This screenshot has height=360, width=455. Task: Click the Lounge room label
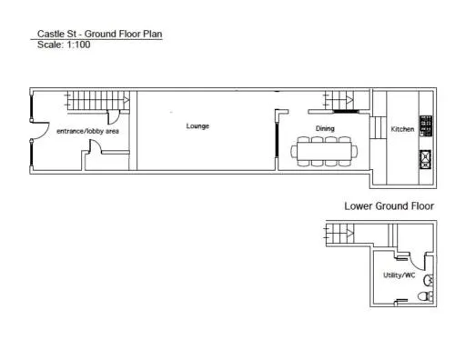pyautogui.click(x=197, y=126)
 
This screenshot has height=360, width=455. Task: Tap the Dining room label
pyautogui.click(x=325, y=128)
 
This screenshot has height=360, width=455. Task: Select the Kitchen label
pyautogui.click(x=402, y=129)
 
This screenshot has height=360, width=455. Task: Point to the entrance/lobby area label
pyautogui.click(x=87, y=131)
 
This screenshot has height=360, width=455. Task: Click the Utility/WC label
pyautogui.click(x=399, y=275)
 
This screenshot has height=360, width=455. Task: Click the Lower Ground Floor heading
pyautogui.click(x=389, y=206)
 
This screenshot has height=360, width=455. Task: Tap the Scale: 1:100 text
pyautogui.click(x=64, y=45)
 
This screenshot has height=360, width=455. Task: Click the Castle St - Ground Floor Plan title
pyautogui.click(x=99, y=34)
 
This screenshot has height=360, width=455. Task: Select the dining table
pyautogui.click(x=324, y=151)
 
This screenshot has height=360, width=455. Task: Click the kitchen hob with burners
pyautogui.click(x=426, y=125)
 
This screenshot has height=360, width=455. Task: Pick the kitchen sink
pyautogui.click(x=426, y=159)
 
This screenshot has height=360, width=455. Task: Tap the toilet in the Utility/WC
pyautogui.click(x=426, y=296)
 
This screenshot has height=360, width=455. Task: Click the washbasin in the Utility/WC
pyautogui.click(x=429, y=280)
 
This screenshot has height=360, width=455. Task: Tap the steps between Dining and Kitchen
pyautogui.click(x=378, y=127)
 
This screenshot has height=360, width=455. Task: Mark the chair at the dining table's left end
pyautogui.click(x=294, y=151)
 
